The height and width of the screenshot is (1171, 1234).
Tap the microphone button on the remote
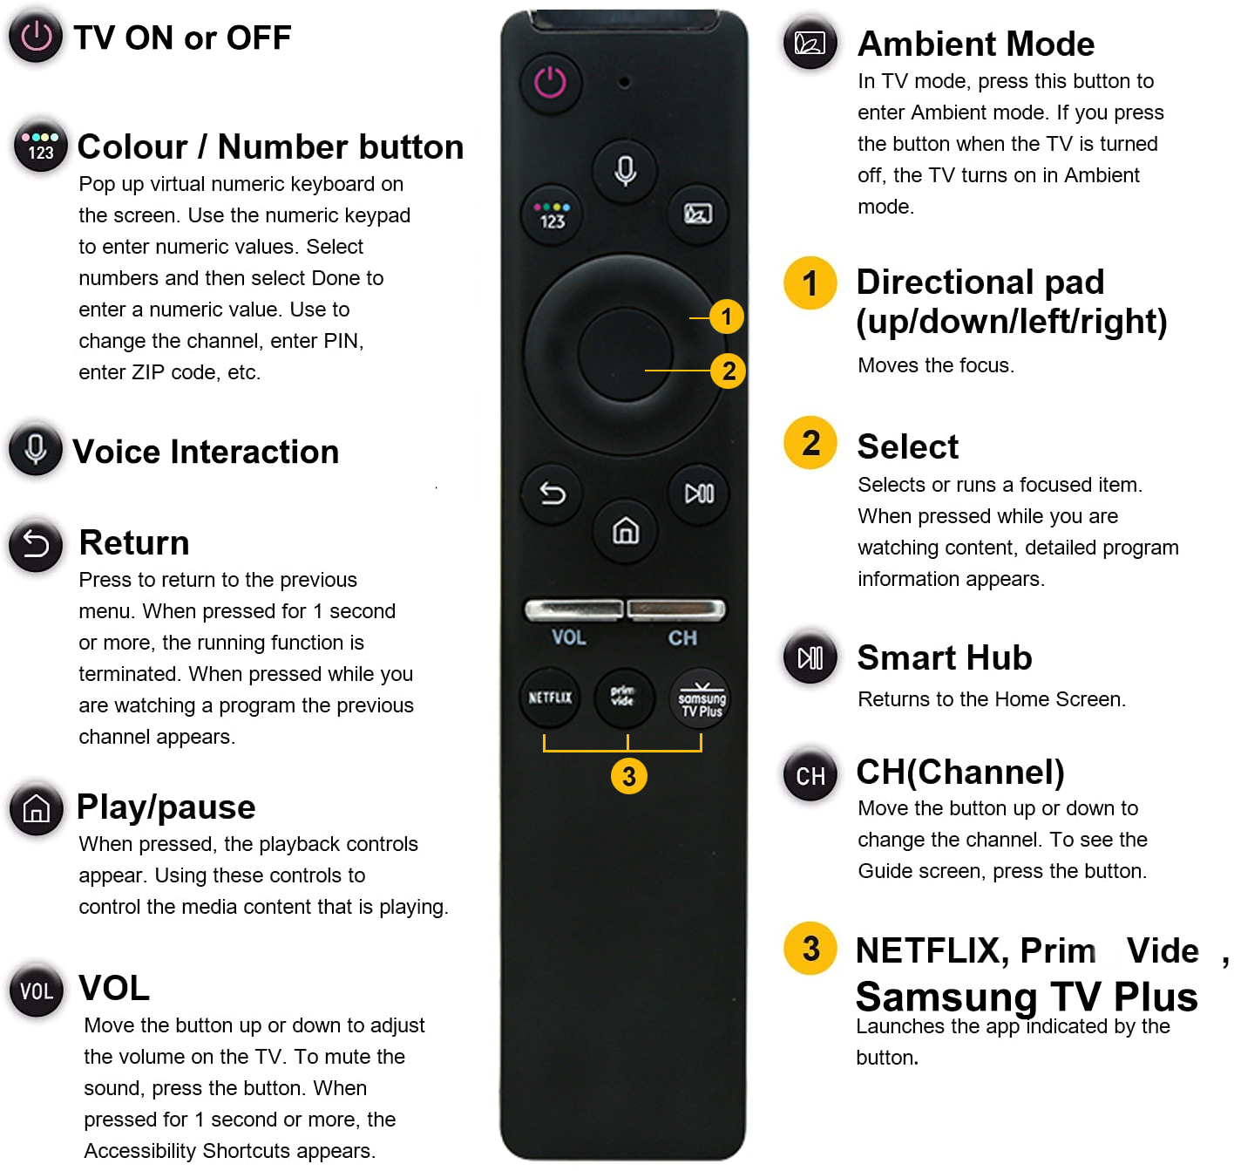click(624, 170)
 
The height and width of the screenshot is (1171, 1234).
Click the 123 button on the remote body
click(551, 214)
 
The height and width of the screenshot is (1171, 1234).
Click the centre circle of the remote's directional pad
click(625, 354)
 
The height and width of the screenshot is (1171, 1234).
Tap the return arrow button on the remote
click(552, 494)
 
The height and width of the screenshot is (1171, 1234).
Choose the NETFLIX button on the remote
click(550, 698)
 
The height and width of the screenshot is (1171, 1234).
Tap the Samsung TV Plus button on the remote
click(702, 698)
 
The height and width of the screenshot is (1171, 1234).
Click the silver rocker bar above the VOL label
click(573, 609)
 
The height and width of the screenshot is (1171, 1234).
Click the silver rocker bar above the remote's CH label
click(675, 609)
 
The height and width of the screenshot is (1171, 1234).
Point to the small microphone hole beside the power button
click(624, 82)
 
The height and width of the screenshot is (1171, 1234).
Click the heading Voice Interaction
click(206, 452)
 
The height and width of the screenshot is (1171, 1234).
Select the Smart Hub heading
click(944, 657)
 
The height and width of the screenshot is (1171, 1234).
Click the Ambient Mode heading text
click(975, 44)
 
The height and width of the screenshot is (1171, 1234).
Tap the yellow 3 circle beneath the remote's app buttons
click(628, 777)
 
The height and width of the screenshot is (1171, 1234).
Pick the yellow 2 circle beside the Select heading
click(810, 443)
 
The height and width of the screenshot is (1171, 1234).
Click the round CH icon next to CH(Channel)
click(810, 776)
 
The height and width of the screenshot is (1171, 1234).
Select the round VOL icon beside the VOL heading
click(37, 991)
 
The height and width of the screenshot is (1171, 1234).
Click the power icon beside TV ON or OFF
click(36, 37)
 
